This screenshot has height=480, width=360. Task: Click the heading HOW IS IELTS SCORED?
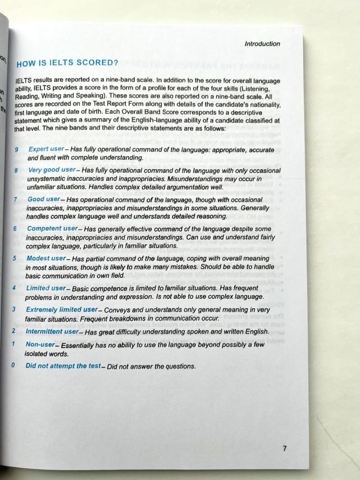click(x=67, y=63)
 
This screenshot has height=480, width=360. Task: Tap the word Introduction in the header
click(x=262, y=44)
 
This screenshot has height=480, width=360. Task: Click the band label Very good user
click(x=51, y=170)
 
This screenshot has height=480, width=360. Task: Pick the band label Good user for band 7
click(x=44, y=199)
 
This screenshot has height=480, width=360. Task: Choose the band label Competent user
click(x=52, y=229)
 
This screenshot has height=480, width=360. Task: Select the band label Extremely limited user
click(x=61, y=309)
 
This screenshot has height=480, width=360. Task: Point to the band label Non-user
click(x=40, y=345)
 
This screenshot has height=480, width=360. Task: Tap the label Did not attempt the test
click(x=62, y=366)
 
